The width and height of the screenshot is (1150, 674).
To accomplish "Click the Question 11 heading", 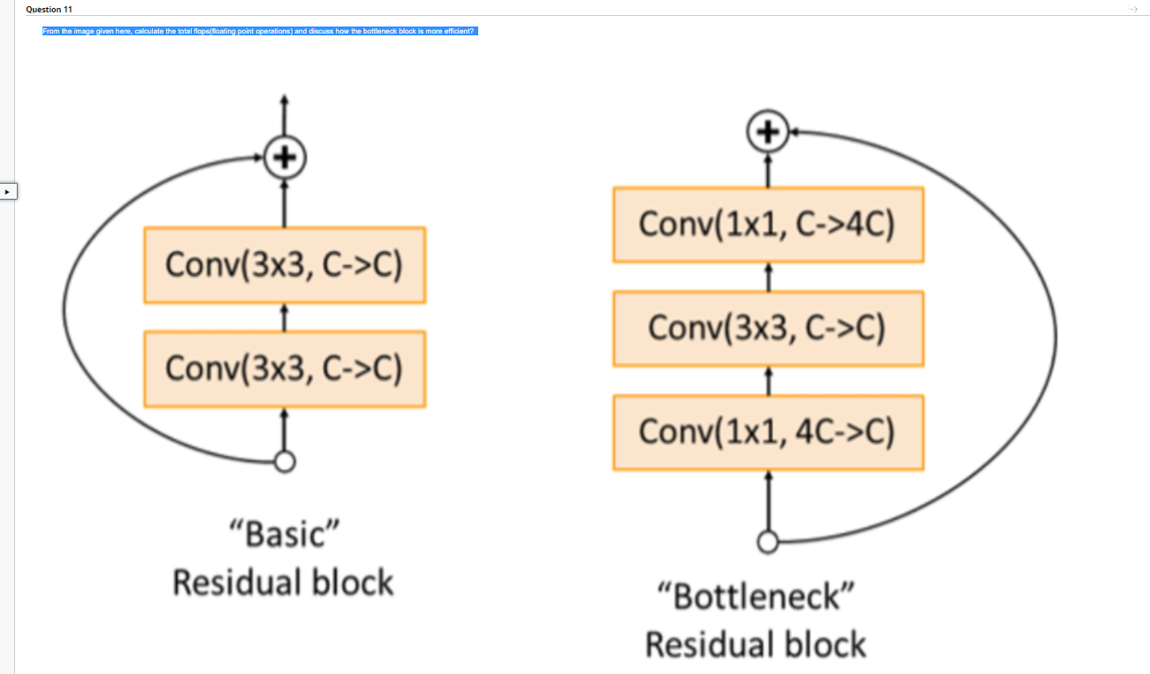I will click(50, 9).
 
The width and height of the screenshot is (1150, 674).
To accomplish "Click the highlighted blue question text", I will click(259, 31).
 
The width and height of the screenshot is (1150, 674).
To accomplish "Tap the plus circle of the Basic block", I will click(284, 158).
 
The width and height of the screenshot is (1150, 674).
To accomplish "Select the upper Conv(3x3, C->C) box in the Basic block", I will click(284, 265).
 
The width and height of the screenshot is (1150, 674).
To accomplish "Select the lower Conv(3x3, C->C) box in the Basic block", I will click(284, 368).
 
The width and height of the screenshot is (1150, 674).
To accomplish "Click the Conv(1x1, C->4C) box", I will click(767, 224).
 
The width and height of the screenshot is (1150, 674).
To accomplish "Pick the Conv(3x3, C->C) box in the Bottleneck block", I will click(767, 329).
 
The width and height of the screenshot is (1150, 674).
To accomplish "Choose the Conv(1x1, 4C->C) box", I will click(767, 432).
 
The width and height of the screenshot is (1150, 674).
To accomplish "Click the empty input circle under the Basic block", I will click(284, 461).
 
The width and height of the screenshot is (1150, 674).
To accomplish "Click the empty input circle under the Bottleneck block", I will click(767, 541).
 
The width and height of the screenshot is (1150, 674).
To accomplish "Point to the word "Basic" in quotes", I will click(283, 534).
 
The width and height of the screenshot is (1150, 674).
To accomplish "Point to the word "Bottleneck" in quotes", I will click(756, 597).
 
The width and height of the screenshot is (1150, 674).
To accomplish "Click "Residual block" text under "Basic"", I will click(283, 583).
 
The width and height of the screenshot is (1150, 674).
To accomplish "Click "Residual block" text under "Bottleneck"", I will click(756, 644).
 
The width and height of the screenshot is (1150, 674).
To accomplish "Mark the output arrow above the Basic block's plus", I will click(284, 115).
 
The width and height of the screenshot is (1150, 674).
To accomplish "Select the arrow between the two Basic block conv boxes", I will click(284, 317).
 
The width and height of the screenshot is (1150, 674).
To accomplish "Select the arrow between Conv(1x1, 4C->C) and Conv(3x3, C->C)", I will click(767, 381).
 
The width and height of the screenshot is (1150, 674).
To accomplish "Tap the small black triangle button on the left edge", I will click(8, 191).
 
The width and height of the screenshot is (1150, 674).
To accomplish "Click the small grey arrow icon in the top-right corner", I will click(1133, 9).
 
